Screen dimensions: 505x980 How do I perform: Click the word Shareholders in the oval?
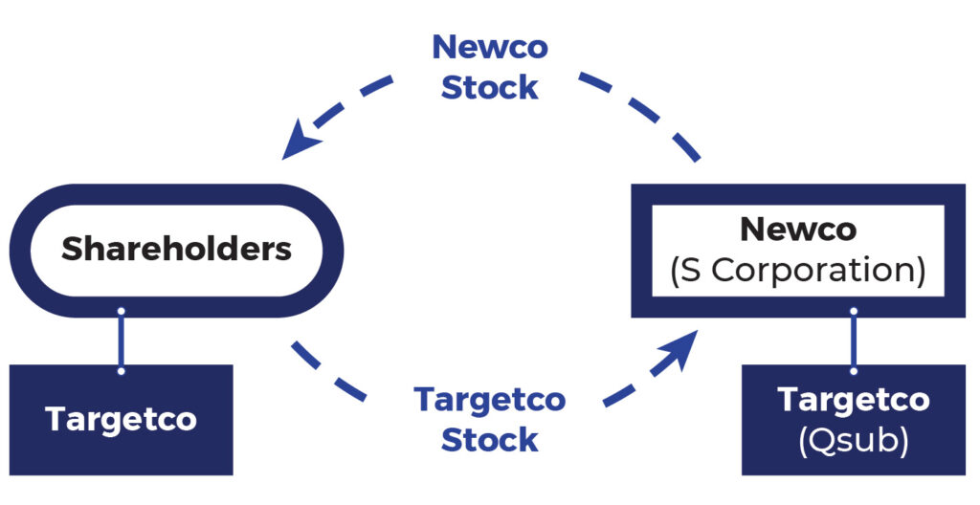tap(176, 250)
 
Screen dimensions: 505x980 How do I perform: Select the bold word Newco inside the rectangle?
tap(798, 230)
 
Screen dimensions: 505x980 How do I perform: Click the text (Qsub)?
tap(853, 441)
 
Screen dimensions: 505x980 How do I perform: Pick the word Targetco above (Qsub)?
tap(853, 400)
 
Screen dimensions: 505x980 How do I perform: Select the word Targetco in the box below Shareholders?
tap(121, 419)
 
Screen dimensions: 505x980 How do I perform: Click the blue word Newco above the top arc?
tap(489, 47)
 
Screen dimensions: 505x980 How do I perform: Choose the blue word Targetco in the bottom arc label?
tap(489, 399)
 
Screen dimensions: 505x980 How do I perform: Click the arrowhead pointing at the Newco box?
tap(681, 349)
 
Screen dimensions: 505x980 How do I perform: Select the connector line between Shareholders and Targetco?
tap(121, 340)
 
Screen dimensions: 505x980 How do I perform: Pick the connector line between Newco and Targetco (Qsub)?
tap(853, 340)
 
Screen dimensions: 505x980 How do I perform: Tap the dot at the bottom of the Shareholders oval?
tap(121, 312)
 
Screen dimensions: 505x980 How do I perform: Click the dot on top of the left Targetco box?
tap(121, 369)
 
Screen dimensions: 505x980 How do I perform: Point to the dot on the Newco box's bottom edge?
tap(853, 312)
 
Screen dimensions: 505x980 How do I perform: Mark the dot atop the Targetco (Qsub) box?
tap(853, 369)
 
